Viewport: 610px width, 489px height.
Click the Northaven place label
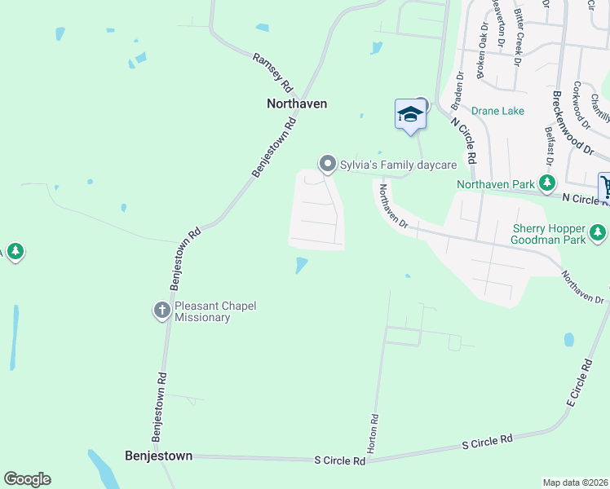click(x=297, y=104)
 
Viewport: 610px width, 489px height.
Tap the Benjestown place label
click(x=158, y=456)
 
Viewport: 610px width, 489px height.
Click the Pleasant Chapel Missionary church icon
click(x=161, y=311)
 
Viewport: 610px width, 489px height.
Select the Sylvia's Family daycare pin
click(x=328, y=165)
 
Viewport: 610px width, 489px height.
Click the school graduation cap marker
click(x=409, y=115)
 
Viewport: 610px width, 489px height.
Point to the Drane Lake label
click(x=497, y=111)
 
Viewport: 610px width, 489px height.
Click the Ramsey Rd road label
click(x=272, y=72)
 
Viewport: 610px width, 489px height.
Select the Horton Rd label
click(x=374, y=434)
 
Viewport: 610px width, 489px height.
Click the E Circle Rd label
click(x=577, y=385)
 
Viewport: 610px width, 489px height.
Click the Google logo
click(x=27, y=479)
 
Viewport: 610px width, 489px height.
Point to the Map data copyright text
click(x=575, y=482)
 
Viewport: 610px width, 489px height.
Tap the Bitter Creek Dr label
click(x=518, y=37)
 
